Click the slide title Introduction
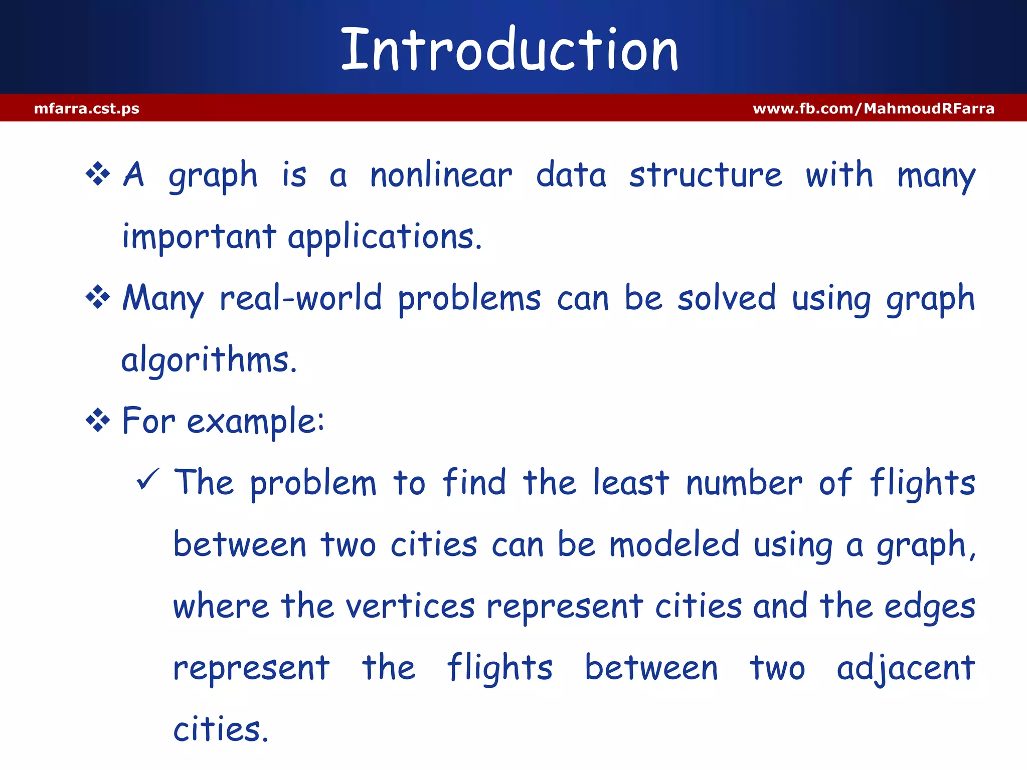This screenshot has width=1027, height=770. coord(509,50)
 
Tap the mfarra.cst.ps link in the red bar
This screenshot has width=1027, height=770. coord(87,109)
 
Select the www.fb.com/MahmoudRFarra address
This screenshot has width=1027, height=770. coord(873,109)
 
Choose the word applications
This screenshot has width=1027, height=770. coord(385,237)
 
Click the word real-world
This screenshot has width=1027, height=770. coord(301,298)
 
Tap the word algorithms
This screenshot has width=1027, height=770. coord(209,360)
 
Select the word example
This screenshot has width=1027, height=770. coord(256,422)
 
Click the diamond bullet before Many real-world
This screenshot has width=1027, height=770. coord(98,297)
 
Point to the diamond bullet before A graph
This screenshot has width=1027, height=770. coord(98,174)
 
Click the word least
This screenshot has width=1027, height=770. coord(631,483)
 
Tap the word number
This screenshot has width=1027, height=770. coord(744,484)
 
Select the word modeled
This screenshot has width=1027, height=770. coord(674,545)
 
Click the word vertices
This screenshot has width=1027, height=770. coord(410,607)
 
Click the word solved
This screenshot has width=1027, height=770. coord(727,298)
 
